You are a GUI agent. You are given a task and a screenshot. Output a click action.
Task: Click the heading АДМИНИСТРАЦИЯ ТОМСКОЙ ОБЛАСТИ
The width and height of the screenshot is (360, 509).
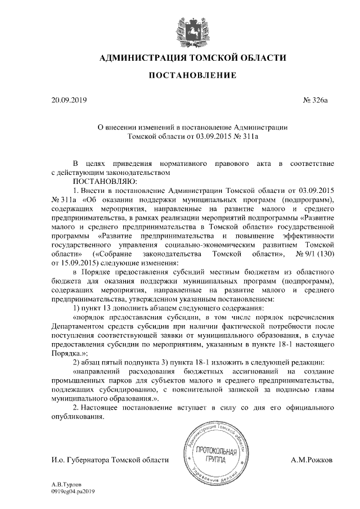click(x=180, y=57)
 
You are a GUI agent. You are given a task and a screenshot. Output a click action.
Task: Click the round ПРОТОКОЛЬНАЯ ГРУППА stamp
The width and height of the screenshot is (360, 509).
click(x=216, y=455)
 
